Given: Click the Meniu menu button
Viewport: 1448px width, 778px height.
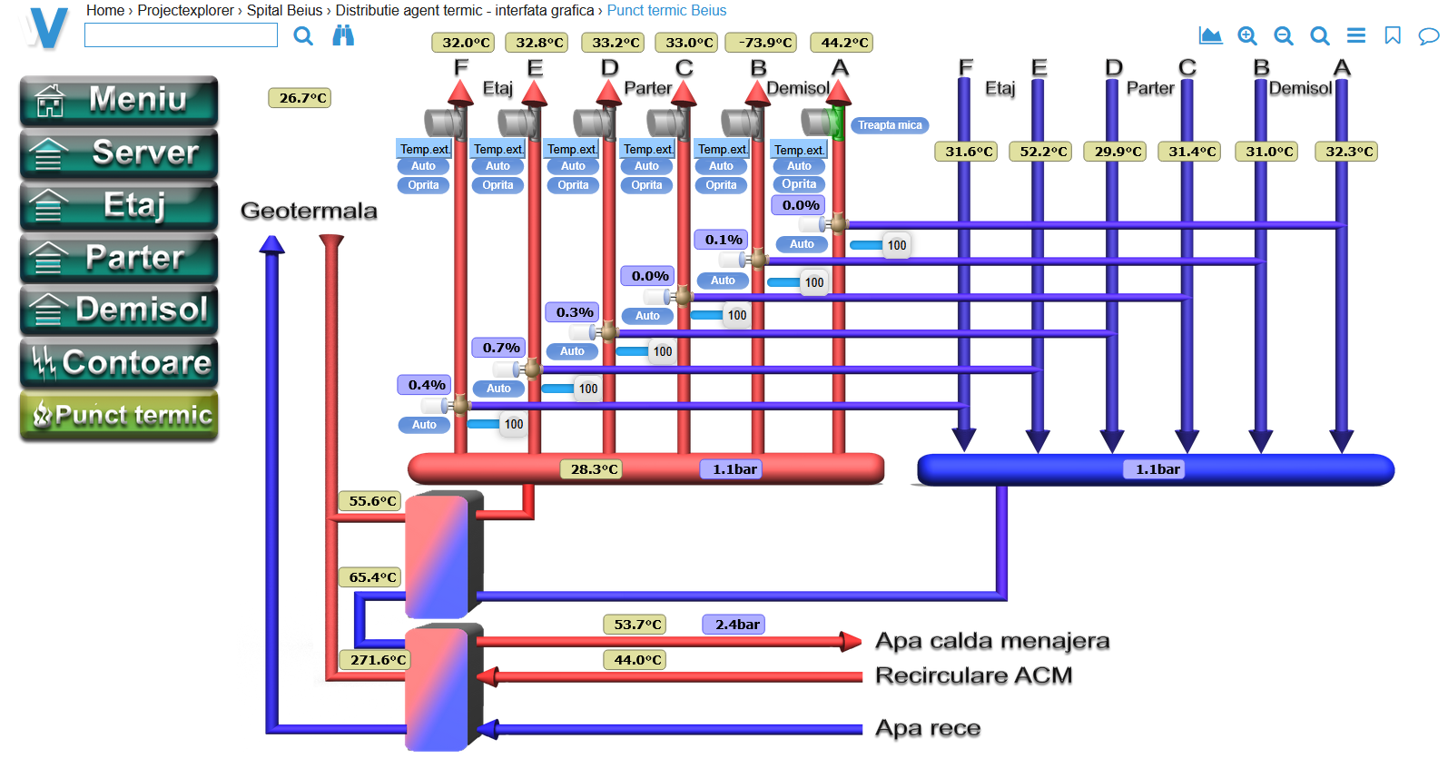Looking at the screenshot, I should (x=119, y=100).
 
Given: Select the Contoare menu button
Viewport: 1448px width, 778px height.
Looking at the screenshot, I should (x=119, y=362).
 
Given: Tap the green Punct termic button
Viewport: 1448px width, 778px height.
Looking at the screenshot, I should (x=119, y=415).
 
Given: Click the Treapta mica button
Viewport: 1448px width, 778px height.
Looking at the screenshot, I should (x=890, y=125).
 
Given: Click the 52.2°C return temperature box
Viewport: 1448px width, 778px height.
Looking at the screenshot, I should (x=1042, y=152).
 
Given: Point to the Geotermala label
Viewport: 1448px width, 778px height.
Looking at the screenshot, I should (x=309, y=211).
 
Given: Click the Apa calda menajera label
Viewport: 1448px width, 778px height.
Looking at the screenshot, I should (x=991, y=641).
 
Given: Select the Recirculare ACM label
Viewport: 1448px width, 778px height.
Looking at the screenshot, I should (x=973, y=675).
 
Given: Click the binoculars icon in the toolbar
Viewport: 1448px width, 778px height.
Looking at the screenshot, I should (x=343, y=35).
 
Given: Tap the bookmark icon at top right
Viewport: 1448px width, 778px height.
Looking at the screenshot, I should (x=1392, y=35).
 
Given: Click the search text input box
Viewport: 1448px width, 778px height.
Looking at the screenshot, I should (x=181, y=35).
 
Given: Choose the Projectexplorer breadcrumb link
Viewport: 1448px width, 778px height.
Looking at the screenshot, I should (x=185, y=11).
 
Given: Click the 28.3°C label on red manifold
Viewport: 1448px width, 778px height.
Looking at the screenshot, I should (x=594, y=469).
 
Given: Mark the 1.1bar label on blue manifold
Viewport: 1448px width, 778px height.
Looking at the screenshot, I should (x=1157, y=469).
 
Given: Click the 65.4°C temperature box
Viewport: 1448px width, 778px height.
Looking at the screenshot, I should (x=372, y=577).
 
